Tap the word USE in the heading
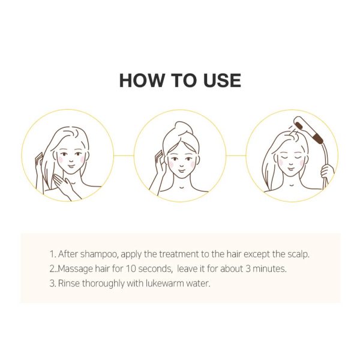[222, 80]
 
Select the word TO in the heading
[184, 80]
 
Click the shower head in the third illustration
[308, 129]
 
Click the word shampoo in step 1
[99, 254]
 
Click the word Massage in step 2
[76, 269]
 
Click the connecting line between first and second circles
[124, 155]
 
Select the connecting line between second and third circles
[236, 155]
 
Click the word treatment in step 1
[179, 254]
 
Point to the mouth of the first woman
[71, 166]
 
